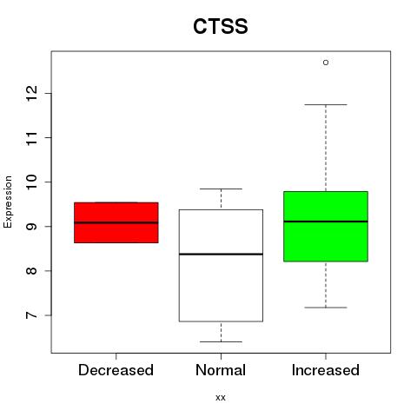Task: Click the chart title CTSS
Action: [x=221, y=26]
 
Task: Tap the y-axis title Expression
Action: [x=8, y=202]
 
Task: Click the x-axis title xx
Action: [x=221, y=398]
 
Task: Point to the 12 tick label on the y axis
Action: [x=32, y=93]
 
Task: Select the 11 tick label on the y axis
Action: [x=32, y=137]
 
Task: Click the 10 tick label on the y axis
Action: [x=32, y=182]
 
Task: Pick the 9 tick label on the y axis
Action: [x=32, y=226]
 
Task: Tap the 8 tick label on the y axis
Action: [x=32, y=271]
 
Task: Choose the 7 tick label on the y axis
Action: [x=32, y=315]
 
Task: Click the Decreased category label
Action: [x=116, y=370]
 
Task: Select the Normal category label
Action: [x=221, y=370]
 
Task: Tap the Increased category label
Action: [x=326, y=370]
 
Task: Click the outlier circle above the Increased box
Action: [x=326, y=63]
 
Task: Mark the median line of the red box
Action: [x=116, y=222]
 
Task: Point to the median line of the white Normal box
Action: [x=221, y=254]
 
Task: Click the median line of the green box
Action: [x=326, y=222]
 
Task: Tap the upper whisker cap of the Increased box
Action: [x=326, y=104]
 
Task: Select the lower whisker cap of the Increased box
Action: [x=326, y=308]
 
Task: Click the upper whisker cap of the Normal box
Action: [x=221, y=189]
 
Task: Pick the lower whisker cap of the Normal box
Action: [x=221, y=341]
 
